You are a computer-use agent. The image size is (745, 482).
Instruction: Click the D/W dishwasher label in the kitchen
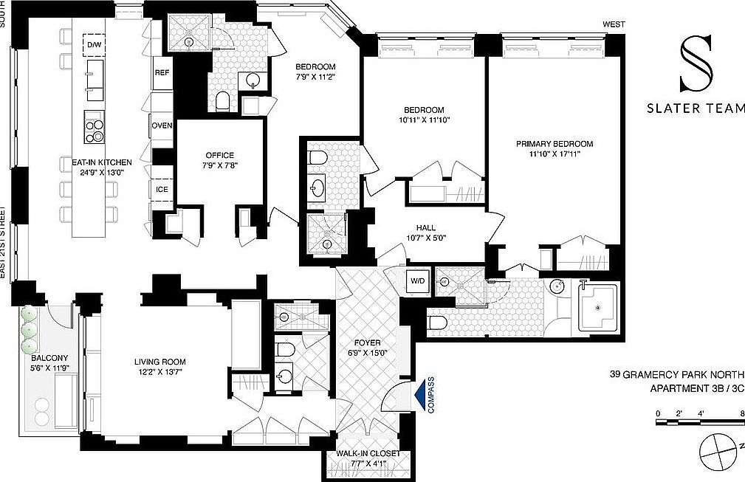pyautogui.click(x=94, y=45)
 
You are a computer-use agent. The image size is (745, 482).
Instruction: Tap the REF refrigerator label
pyautogui.click(x=162, y=73)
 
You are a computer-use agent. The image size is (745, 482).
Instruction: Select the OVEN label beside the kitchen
pyautogui.click(x=162, y=125)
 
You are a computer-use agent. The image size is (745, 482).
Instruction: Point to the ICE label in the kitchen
pyautogui.click(x=162, y=189)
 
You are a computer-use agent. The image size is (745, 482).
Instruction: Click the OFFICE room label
pyautogui.click(x=219, y=155)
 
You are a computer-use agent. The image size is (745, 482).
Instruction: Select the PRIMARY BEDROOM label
pyautogui.click(x=555, y=144)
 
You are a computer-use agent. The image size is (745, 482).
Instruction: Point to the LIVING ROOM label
pyautogui.click(x=159, y=362)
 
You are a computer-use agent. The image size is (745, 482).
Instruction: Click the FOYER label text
pyautogui.click(x=367, y=343)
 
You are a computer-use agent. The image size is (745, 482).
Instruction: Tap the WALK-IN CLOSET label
pyautogui.click(x=368, y=453)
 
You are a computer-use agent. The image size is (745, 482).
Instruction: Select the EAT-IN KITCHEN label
pyautogui.click(x=97, y=162)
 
